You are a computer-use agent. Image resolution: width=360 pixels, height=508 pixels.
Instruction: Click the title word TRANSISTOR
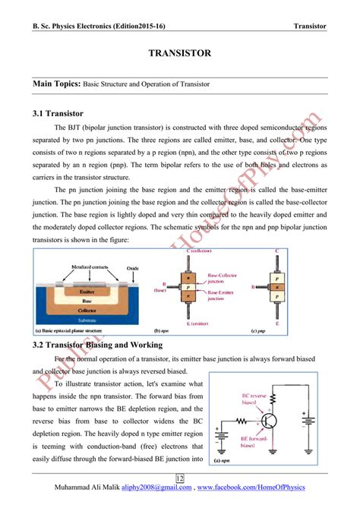pyautogui.click(x=179, y=54)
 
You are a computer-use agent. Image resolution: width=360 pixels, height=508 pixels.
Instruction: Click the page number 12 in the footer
pyautogui.click(x=180, y=478)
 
